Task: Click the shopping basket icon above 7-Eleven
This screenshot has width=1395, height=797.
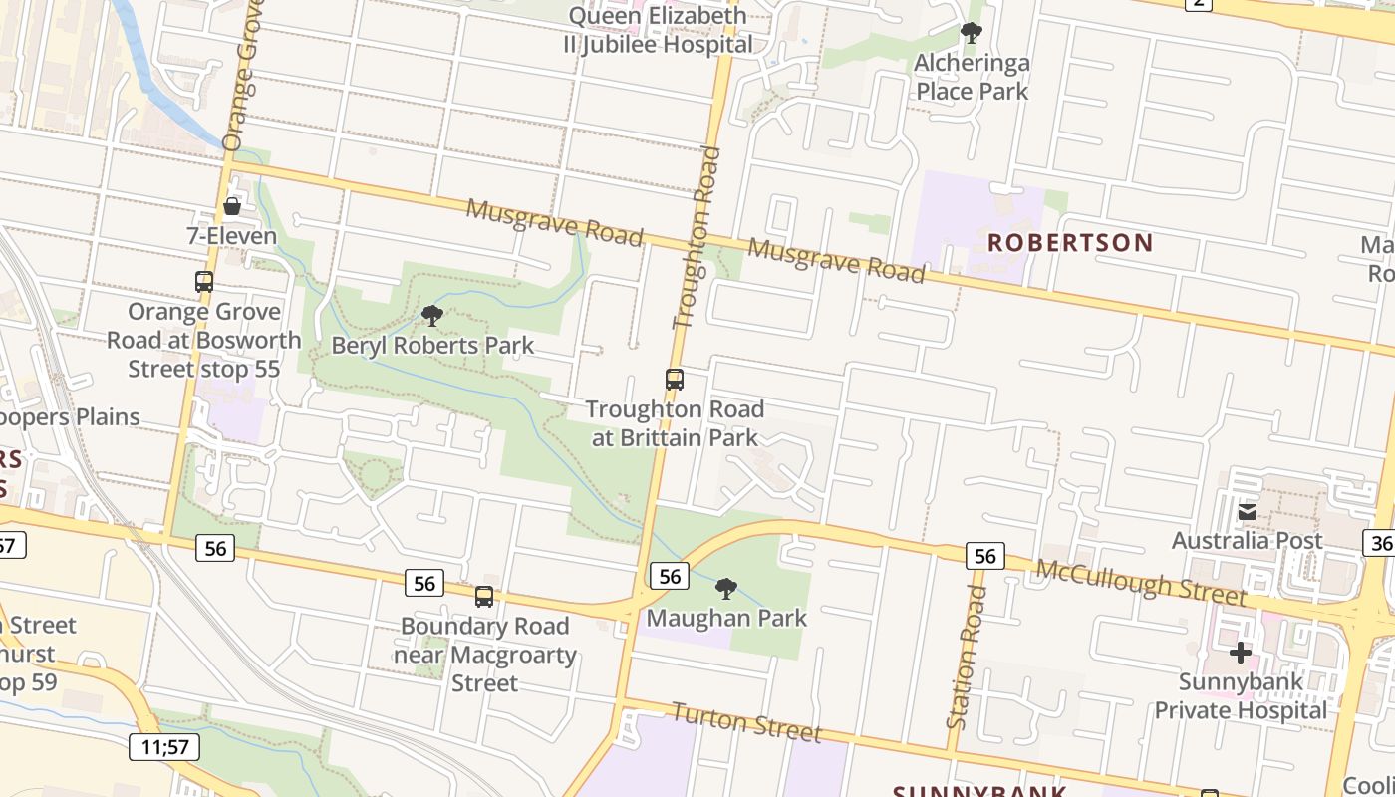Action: [232, 206]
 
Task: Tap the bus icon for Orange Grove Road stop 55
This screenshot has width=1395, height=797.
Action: [204, 281]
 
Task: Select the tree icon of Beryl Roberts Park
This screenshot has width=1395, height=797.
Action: [432, 316]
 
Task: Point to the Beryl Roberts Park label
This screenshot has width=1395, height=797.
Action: [432, 346]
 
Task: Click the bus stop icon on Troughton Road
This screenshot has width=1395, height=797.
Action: [675, 379]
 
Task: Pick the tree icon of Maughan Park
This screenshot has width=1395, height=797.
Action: [726, 588]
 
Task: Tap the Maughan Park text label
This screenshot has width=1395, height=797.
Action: [726, 618]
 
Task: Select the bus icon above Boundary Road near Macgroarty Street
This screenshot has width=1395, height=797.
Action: [484, 596]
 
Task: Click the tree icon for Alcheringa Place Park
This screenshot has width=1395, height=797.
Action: [972, 33]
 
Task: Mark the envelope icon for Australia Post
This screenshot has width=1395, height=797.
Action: [1247, 512]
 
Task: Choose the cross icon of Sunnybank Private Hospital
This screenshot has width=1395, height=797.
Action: [1241, 653]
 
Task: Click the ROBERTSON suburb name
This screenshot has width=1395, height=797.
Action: [1070, 242]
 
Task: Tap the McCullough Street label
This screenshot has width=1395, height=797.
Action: [1141, 582]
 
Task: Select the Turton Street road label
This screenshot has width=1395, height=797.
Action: [746, 721]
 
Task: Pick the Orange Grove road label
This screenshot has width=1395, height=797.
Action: [241, 75]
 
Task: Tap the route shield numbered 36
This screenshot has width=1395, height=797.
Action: [1381, 541]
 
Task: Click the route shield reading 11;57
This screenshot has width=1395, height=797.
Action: [164, 746]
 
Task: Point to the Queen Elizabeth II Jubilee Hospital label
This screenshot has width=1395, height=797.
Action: [658, 30]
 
